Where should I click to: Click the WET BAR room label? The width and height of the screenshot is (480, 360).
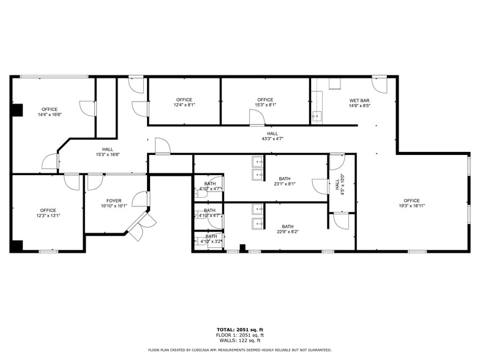359,100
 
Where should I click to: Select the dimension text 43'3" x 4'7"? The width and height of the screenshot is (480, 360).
272,139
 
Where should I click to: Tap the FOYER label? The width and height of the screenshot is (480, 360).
114,201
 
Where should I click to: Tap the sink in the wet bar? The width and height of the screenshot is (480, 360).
318,115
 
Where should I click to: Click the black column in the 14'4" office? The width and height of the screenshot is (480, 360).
17,110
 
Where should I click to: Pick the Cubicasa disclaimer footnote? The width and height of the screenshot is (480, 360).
239,350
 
